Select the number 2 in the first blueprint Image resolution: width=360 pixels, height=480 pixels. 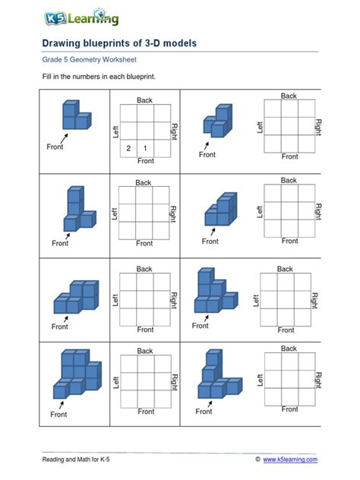point(129,148)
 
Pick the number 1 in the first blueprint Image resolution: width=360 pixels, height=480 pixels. point(145,148)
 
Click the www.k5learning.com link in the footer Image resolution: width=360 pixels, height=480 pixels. point(290,459)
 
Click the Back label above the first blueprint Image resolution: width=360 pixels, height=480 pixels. point(144,100)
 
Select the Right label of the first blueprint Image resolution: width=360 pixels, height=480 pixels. point(174,131)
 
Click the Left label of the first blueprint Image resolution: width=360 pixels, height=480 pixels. point(116,132)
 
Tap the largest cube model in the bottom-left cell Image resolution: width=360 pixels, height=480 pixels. point(76,373)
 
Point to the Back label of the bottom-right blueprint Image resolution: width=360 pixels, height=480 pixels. point(289,349)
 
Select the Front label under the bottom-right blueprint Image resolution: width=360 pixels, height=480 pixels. point(289,409)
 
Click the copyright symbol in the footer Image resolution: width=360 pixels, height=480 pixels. point(258,459)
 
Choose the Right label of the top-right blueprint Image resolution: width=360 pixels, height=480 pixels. point(319,126)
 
